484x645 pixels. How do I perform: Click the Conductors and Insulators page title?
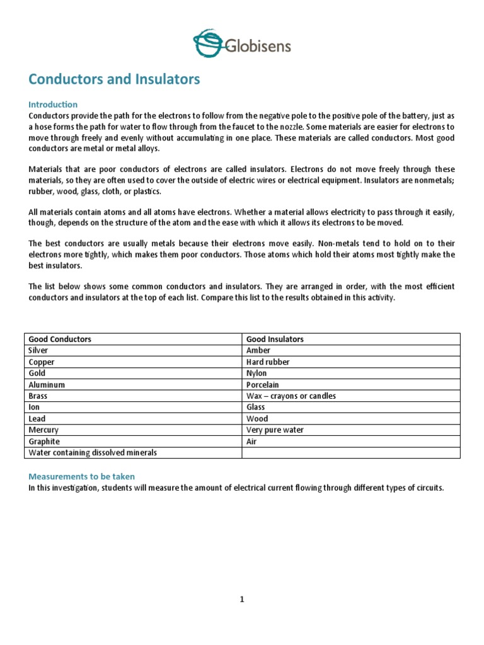[x=114, y=79]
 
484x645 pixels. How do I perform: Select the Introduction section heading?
[x=53, y=105]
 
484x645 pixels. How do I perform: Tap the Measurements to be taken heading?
[x=81, y=477]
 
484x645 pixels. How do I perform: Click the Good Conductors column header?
[x=60, y=339]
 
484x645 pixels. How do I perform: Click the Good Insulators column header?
[x=275, y=339]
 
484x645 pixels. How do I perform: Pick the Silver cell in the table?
[x=38, y=350]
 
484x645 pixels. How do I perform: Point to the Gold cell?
[x=37, y=374]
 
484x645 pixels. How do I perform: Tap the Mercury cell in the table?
[x=43, y=430]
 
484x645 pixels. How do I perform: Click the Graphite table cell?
[x=44, y=442]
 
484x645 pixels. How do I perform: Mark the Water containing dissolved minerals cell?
[x=93, y=453]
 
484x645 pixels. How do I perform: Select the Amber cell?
[x=258, y=350]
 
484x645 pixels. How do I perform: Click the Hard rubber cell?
[x=268, y=362]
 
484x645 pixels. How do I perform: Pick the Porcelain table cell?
[x=263, y=385]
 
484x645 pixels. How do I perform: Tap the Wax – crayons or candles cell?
[x=291, y=396]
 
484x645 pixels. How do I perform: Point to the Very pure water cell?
[x=275, y=430]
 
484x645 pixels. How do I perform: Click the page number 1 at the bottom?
[x=241, y=600]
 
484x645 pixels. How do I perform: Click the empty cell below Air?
[x=351, y=453]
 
